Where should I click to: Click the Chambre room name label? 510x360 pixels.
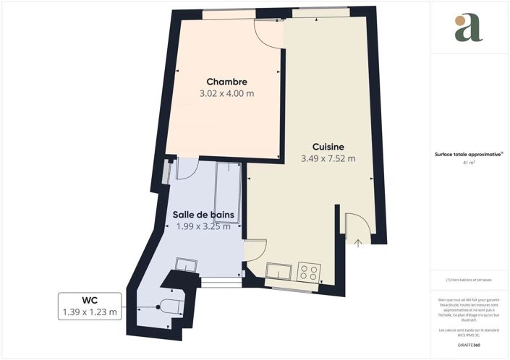[x=226, y=81]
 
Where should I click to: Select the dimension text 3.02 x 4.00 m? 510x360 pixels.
[x=226, y=93]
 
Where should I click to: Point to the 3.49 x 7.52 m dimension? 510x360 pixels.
[x=328, y=159]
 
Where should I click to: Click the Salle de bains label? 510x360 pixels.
[x=206, y=214]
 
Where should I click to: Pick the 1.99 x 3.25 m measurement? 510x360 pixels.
[x=203, y=226]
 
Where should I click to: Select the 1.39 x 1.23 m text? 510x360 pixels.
[x=90, y=312]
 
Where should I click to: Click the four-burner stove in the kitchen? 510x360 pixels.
[x=309, y=273]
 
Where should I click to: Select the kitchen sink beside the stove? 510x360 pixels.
[x=279, y=272]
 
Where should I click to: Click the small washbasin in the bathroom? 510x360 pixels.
[x=187, y=265]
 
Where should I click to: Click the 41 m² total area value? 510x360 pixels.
[x=469, y=163]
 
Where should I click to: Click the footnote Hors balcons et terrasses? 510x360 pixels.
[x=469, y=280]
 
